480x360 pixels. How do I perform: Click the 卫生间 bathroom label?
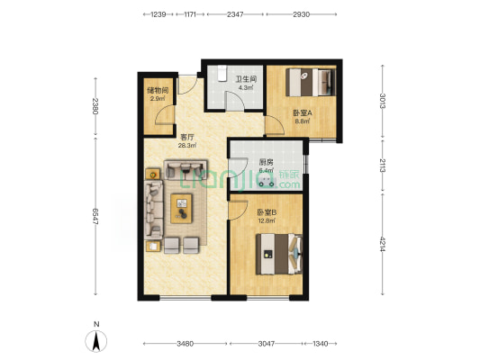tap(246, 79)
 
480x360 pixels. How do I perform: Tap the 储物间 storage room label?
tap(158, 90)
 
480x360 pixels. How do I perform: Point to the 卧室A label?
tap(303, 113)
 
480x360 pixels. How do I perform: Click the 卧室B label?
tap(267, 212)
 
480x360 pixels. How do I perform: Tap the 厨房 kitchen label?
tap(266, 162)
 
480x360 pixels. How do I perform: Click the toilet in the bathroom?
tap(222, 74)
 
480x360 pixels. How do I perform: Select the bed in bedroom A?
tap(311, 82)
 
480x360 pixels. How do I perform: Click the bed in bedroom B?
tap(279, 254)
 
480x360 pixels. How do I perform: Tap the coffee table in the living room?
tap(181, 208)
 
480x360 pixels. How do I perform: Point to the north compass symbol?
tap(96, 341)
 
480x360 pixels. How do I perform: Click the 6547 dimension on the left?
tap(95, 217)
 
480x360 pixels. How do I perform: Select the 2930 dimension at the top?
tap(302, 14)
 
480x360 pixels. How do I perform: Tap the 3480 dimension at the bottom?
tap(186, 344)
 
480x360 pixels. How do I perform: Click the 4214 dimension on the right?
tap(383, 244)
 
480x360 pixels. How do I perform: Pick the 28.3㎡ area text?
tap(187, 146)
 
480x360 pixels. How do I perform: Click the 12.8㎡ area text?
tap(267, 220)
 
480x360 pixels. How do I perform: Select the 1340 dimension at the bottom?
tap(321, 344)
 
